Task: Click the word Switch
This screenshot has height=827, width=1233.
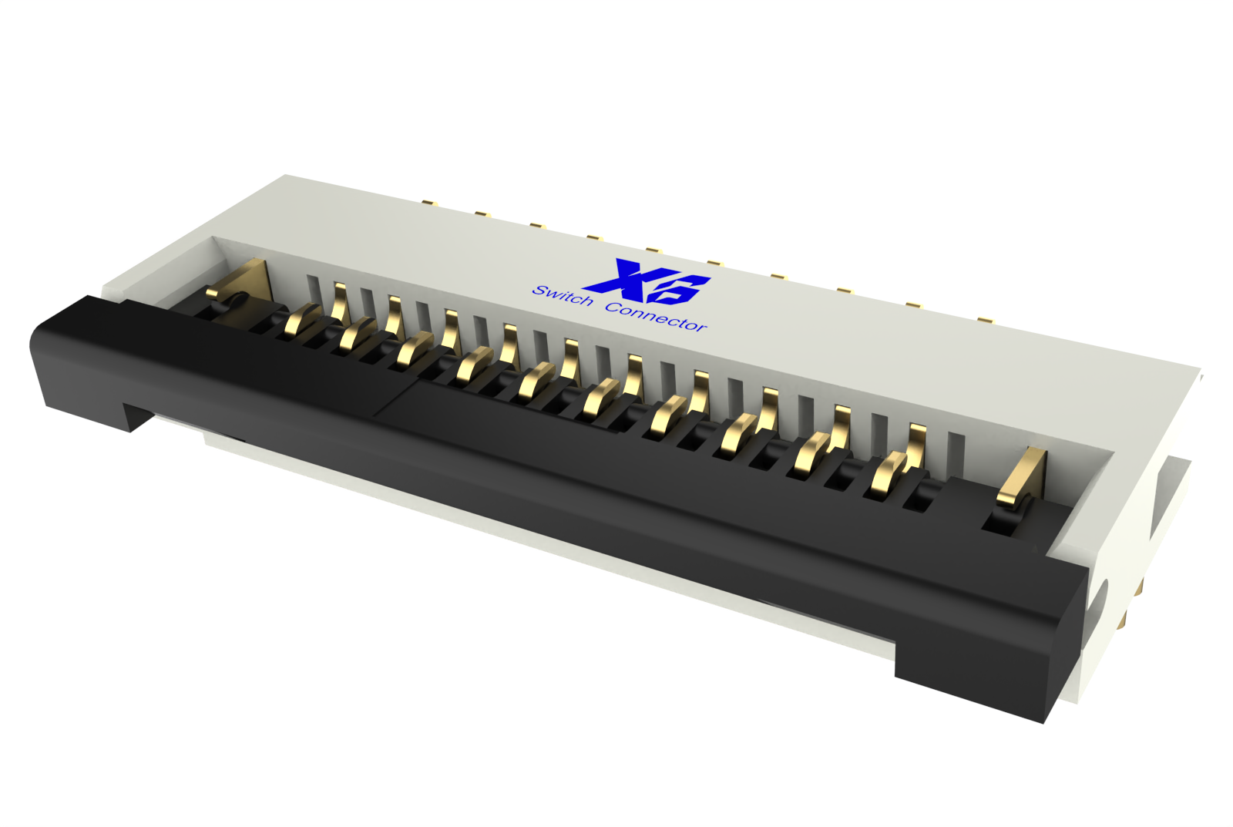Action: (x=563, y=295)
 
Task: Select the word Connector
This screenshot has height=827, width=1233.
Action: (x=656, y=316)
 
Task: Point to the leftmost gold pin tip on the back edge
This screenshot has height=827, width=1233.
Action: (x=429, y=204)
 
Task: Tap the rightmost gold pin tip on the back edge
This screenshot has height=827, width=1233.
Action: (x=984, y=318)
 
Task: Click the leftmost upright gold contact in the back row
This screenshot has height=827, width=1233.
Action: (x=340, y=301)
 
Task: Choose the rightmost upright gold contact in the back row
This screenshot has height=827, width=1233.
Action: (x=916, y=445)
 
